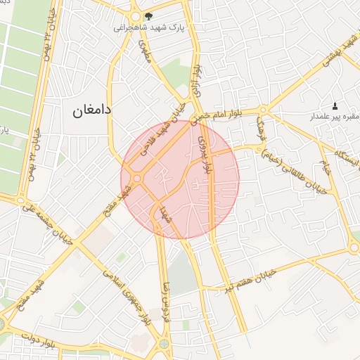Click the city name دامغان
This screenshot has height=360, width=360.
[x=93, y=110]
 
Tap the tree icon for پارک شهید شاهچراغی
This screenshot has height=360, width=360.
[x=148, y=15]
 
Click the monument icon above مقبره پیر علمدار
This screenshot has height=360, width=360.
[x=334, y=104]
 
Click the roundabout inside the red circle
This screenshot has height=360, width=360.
[x=138, y=179]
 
